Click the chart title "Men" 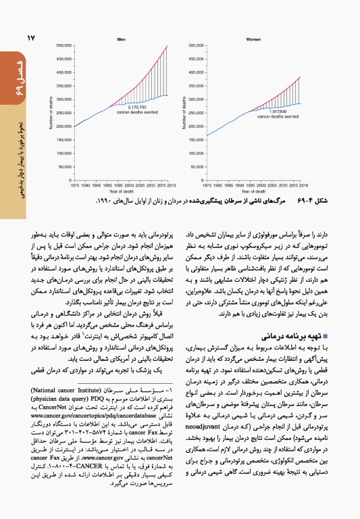pos(122,39)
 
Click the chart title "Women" pos(253,39)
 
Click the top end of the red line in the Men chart pos(168,45)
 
